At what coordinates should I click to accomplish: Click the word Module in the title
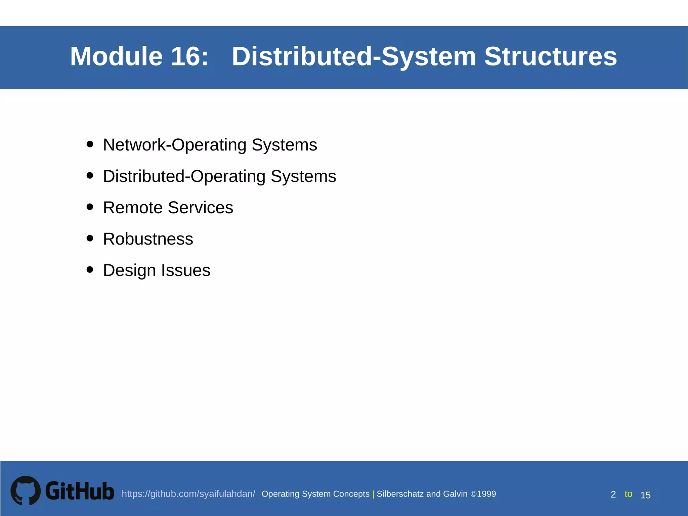(x=116, y=56)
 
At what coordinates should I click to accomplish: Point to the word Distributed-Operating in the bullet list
(x=184, y=176)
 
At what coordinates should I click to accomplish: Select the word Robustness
(x=148, y=239)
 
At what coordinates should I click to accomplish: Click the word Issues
(x=185, y=270)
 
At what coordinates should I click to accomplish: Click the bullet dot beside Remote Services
(x=90, y=207)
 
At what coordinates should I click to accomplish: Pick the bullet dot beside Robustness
(x=90, y=238)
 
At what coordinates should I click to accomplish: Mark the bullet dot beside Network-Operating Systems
(x=90, y=144)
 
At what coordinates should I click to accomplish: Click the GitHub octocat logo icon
(x=26, y=490)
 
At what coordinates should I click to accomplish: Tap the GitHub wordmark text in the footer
(x=80, y=491)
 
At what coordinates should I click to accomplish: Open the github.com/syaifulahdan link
(x=188, y=494)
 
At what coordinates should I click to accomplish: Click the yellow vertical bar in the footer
(x=373, y=494)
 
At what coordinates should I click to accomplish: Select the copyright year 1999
(x=486, y=494)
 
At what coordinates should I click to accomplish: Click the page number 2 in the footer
(x=613, y=495)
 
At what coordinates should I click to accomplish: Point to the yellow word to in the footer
(x=628, y=494)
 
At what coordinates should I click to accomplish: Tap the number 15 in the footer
(x=645, y=495)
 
